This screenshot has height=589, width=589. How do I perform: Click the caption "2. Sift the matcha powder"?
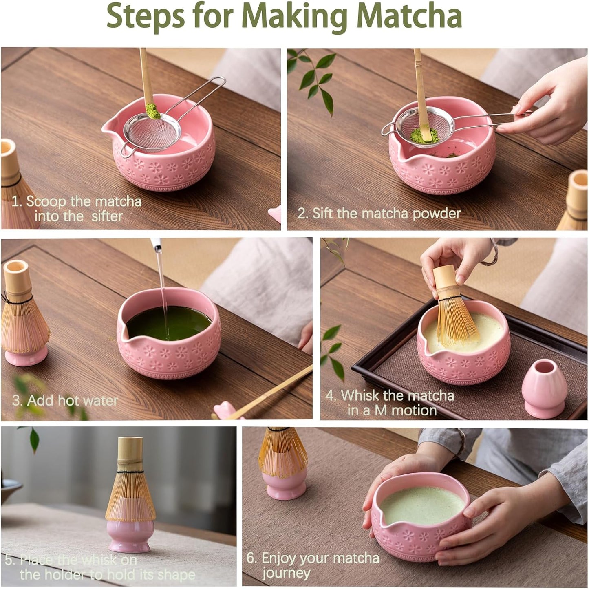tap(379, 214)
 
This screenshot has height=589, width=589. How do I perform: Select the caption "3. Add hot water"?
tap(65, 400)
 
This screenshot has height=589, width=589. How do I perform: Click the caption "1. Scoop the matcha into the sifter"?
tap(77, 208)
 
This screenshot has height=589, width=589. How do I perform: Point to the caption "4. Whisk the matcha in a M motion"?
tap(390, 403)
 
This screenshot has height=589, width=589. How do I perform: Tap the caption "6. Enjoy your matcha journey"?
tap(313, 565)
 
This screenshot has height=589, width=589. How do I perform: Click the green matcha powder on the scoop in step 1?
tap(153, 111)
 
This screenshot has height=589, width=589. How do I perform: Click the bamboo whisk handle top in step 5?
tap(130, 448)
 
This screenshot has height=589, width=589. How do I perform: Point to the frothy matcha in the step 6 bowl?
tap(422, 505)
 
